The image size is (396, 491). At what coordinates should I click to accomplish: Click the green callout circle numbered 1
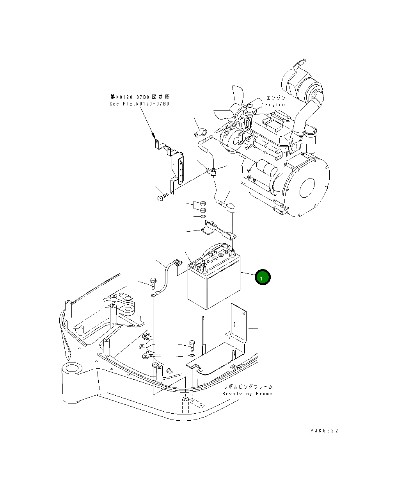pyautogui.click(x=263, y=277)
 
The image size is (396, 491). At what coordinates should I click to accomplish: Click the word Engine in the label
pyautogui.click(x=275, y=105)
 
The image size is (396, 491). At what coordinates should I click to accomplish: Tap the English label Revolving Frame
pyautogui.click(x=247, y=394)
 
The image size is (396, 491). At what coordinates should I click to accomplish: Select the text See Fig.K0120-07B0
pyautogui.click(x=139, y=104)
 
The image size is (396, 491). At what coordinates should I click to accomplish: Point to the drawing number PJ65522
pyautogui.click(x=324, y=431)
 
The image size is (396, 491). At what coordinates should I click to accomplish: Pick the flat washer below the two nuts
pyautogui.click(x=203, y=216)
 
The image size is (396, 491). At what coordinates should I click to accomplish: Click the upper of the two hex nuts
pyautogui.click(x=202, y=204)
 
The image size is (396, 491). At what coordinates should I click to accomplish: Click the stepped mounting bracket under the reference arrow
pyautogui.click(x=174, y=164)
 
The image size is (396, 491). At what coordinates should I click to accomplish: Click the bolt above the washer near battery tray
pyautogui.click(x=192, y=345)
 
